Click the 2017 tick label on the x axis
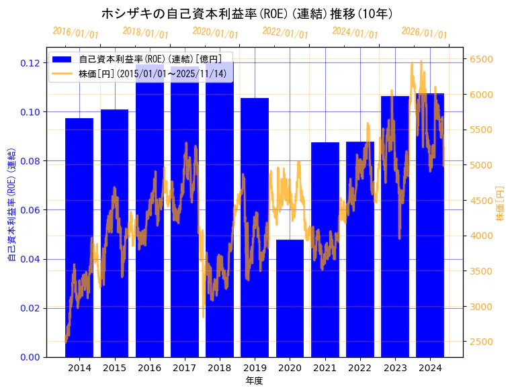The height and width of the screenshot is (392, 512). (x=185, y=368)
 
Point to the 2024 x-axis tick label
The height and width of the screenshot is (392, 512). (x=430, y=368)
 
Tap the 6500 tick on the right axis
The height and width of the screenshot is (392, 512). (x=480, y=59)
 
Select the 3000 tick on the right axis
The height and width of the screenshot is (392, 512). (x=480, y=307)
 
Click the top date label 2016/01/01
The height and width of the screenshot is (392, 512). (x=75, y=33)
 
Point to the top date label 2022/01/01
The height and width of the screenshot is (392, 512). (x=286, y=33)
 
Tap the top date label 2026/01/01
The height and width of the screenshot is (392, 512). (x=425, y=33)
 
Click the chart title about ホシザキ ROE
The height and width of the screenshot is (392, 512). (x=247, y=13)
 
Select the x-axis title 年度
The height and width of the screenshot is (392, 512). (x=254, y=381)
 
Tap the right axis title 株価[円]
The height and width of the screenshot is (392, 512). (x=500, y=204)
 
